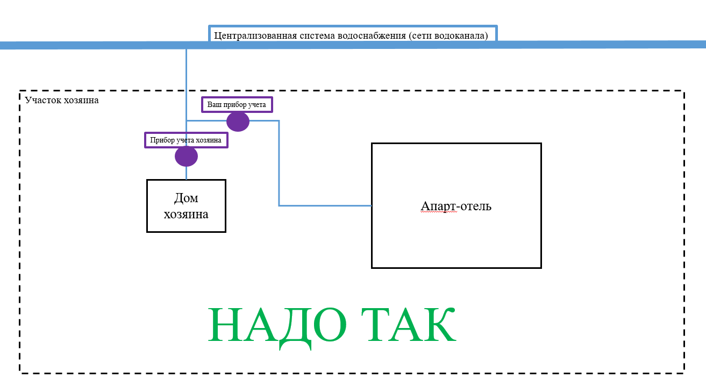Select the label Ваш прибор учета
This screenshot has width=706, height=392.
[x=237, y=104]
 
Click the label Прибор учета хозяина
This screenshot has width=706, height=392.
[x=186, y=140]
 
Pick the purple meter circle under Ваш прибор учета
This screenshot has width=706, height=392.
[x=238, y=122]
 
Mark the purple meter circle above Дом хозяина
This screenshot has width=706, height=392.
[x=186, y=156]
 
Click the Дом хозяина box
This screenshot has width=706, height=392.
[x=186, y=206]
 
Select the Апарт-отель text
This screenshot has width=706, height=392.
[x=456, y=206]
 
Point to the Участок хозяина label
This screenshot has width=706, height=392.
[x=62, y=100]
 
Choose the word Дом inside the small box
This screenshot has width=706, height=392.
[x=186, y=198]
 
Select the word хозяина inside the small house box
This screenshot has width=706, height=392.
[x=186, y=214]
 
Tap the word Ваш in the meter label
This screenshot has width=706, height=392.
[x=214, y=104]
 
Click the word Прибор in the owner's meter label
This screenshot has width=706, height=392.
[x=162, y=140]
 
